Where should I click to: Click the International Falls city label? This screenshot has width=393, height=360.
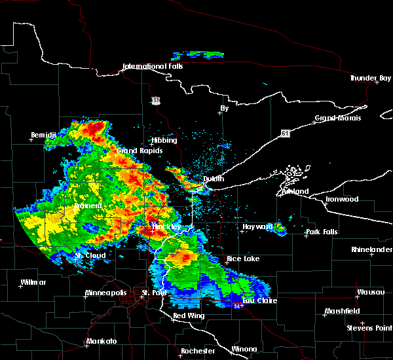[153, 66]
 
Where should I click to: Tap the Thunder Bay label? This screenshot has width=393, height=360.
[370, 78]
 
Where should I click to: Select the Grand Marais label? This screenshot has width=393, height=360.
[338, 118]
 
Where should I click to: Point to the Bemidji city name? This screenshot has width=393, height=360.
[45, 135]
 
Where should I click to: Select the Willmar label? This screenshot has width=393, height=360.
[33, 282]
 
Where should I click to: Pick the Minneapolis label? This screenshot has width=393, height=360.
[110, 293]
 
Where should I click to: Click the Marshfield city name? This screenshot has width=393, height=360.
[343, 311]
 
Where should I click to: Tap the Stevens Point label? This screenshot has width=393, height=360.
[369, 327]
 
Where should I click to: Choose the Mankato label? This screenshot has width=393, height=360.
[102, 342]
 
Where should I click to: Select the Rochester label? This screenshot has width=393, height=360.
[198, 351]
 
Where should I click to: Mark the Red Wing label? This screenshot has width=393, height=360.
[189, 316]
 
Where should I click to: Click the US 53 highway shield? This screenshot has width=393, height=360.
[155, 100]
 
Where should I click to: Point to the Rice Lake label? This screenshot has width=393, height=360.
[243, 259]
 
